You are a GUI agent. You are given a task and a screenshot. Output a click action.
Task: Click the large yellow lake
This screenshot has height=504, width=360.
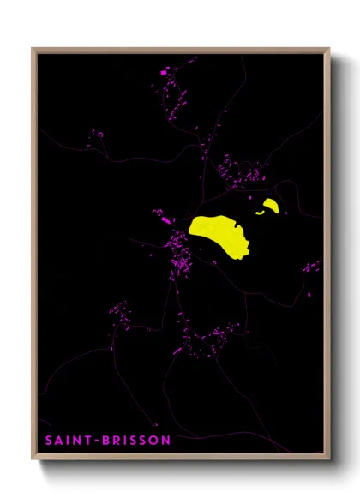tap(220, 233)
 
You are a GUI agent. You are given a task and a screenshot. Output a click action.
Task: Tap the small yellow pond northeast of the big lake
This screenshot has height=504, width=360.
tap(271, 206)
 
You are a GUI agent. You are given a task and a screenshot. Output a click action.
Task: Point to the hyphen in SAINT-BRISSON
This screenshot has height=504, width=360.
tap(88, 441)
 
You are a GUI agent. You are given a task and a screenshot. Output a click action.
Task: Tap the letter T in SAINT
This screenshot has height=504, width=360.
tap(81, 441)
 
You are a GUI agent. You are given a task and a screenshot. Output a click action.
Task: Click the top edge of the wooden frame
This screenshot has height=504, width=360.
tap(180, 50)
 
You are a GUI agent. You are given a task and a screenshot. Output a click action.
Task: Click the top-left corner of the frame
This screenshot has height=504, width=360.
tap(34, 50)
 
